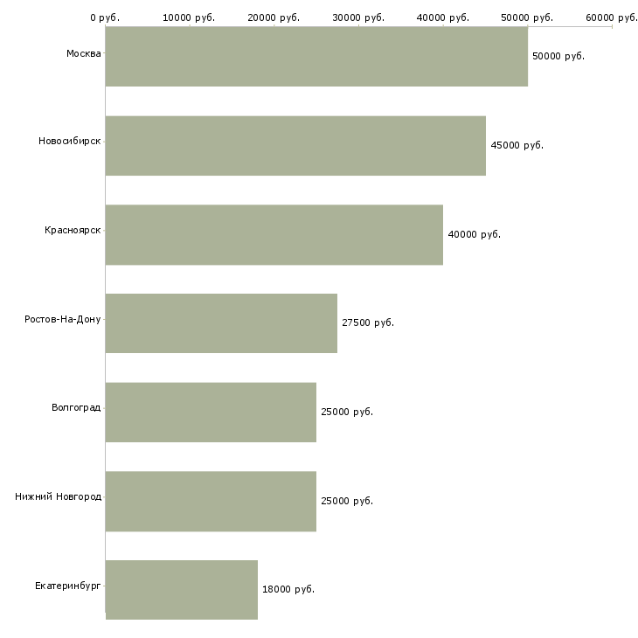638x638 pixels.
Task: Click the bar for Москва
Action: click(316, 57)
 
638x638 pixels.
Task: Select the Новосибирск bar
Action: click(295, 146)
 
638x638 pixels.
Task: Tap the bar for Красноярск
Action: click(274, 234)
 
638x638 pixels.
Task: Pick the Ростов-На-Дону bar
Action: click(221, 323)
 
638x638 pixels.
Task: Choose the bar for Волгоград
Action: click(211, 412)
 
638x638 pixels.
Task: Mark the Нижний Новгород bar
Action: click(211, 501)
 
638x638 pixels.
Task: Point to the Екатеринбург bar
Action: click(182, 589)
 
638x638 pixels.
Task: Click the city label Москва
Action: click(83, 54)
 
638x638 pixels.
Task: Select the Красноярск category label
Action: click(73, 230)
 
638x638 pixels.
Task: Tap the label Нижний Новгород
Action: click(58, 496)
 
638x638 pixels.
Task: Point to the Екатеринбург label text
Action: click(68, 586)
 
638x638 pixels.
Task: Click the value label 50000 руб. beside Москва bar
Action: click(558, 56)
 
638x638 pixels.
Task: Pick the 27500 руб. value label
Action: click(368, 322)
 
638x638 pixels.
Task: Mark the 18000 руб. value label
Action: click(288, 589)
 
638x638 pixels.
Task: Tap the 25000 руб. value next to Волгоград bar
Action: click(347, 412)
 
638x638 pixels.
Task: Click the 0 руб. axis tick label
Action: click(105, 17)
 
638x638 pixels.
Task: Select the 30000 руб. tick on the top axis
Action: click(358, 17)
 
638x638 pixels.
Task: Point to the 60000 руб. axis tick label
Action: click(612, 17)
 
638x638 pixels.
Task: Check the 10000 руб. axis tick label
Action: click(189, 17)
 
